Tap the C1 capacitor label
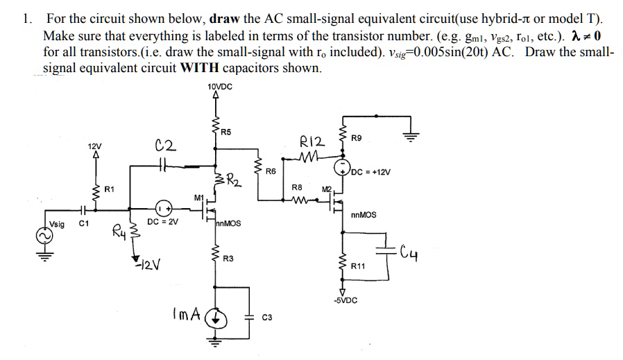(x=84, y=224)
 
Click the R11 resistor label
(x=359, y=266)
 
